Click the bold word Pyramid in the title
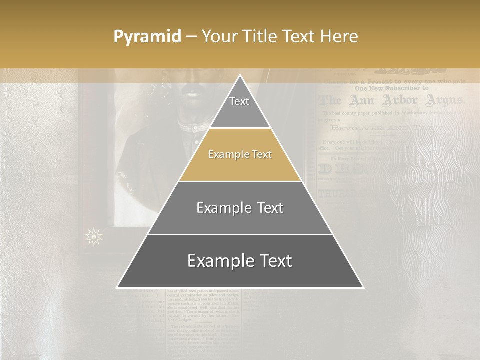(147, 37)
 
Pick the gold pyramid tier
(240, 155)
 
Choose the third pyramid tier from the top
(240, 208)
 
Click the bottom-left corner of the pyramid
(118, 287)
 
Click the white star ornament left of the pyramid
(94, 236)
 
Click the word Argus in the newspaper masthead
(444, 101)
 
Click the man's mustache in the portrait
(191, 92)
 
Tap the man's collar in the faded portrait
(193, 127)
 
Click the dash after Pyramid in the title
(191, 37)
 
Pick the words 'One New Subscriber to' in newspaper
(392, 88)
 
